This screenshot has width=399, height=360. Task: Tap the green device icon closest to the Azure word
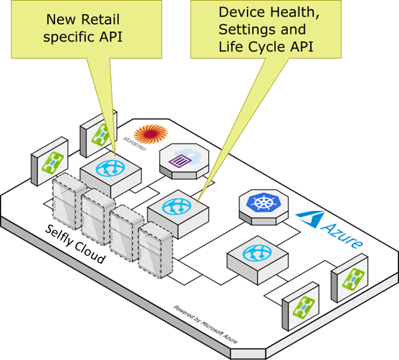[x=350, y=280]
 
